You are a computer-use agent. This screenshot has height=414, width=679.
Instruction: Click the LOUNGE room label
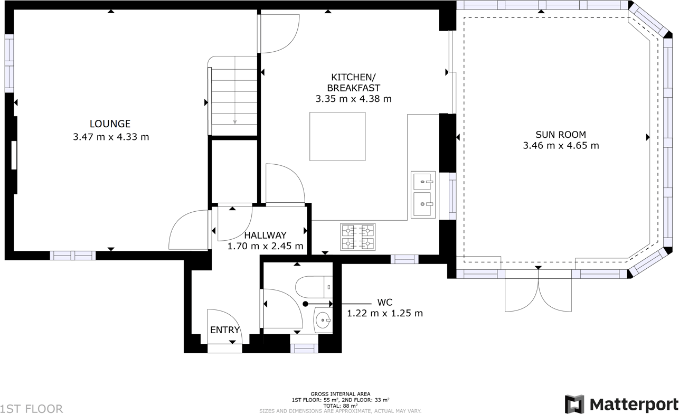(x=110, y=124)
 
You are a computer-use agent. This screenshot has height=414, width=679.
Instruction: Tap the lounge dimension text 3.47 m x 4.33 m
(x=111, y=137)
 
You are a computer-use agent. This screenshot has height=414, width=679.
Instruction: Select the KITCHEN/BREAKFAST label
(x=353, y=82)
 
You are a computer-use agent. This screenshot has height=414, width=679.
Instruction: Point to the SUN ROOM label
(x=561, y=135)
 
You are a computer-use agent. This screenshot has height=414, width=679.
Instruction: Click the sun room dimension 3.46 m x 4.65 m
(x=561, y=146)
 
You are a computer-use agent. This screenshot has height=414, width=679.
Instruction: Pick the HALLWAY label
(x=265, y=236)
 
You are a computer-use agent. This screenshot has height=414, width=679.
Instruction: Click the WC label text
(x=384, y=303)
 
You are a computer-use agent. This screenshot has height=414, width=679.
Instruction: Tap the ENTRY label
(x=225, y=330)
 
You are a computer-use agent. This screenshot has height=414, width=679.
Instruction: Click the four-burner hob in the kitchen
(x=358, y=237)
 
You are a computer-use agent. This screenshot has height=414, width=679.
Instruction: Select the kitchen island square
(x=337, y=136)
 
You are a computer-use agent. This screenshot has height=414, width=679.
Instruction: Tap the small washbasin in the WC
(x=323, y=319)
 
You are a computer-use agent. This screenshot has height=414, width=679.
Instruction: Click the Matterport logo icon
(x=574, y=404)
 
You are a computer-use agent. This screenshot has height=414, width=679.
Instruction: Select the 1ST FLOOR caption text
(x=32, y=408)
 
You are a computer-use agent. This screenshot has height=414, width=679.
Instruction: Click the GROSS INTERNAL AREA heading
(x=340, y=394)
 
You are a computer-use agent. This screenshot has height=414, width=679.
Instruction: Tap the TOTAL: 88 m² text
(x=340, y=405)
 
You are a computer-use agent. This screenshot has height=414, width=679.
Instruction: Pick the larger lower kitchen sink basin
(x=423, y=204)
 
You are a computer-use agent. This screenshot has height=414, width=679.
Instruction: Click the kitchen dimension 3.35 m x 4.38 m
(x=353, y=99)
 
